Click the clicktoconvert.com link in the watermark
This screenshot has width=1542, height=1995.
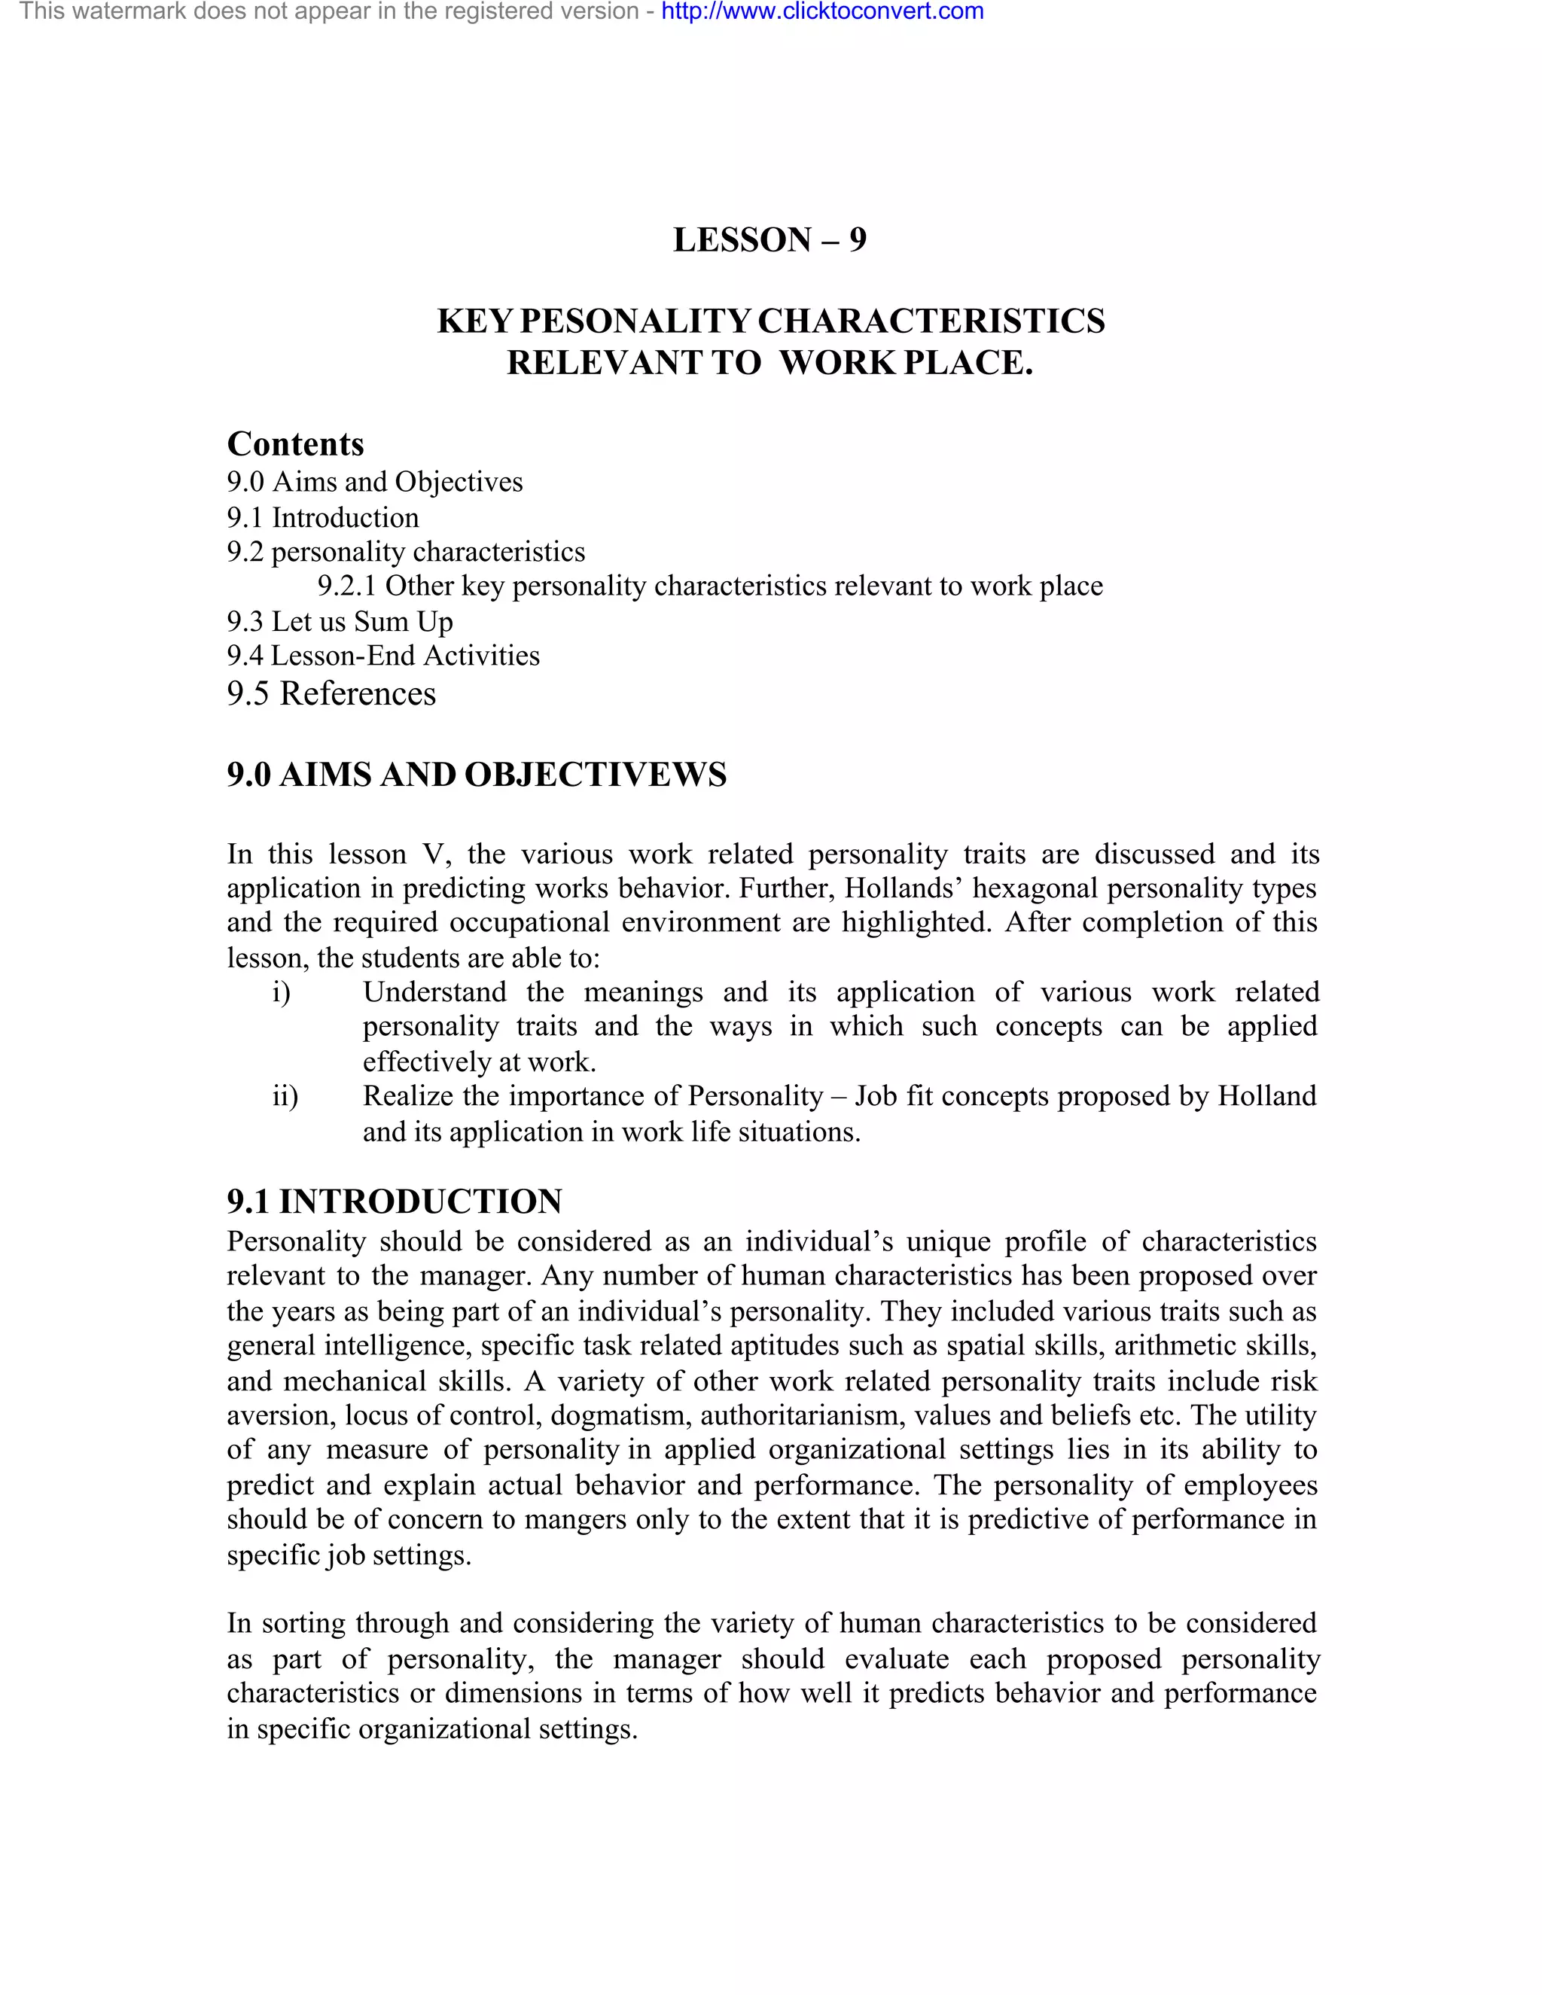[x=822, y=12]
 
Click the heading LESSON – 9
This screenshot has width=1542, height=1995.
[x=769, y=239]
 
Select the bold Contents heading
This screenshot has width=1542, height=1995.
[x=295, y=444]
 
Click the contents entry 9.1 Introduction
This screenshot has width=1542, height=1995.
[x=322, y=518]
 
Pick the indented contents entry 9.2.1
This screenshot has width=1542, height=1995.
[x=710, y=586]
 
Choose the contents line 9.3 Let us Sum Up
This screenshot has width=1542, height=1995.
[x=340, y=621]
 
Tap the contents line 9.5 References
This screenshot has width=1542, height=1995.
[x=331, y=693]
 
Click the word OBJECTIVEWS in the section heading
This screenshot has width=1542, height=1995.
[x=595, y=775]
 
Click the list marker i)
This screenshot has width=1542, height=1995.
[x=282, y=992]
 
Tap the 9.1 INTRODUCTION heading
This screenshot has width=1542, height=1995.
[x=395, y=1202]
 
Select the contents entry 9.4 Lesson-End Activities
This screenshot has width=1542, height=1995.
[x=382, y=656]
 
